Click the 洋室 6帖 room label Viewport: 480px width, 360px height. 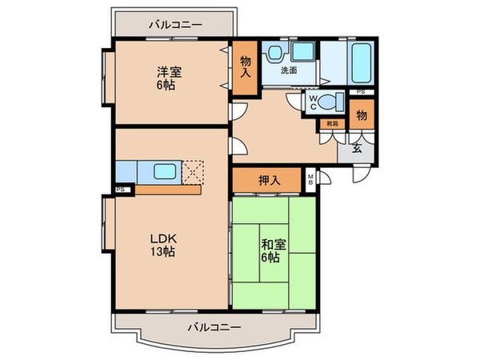[169, 78]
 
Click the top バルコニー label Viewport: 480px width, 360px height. [174, 24]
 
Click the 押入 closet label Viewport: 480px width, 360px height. [270, 180]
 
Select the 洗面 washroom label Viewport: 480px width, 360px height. [289, 70]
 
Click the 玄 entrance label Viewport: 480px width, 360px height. [358, 148]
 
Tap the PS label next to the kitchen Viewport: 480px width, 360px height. [119, 190]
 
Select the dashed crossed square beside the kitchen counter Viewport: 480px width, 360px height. [194, 171]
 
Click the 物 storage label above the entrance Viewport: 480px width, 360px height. [361, 115]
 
